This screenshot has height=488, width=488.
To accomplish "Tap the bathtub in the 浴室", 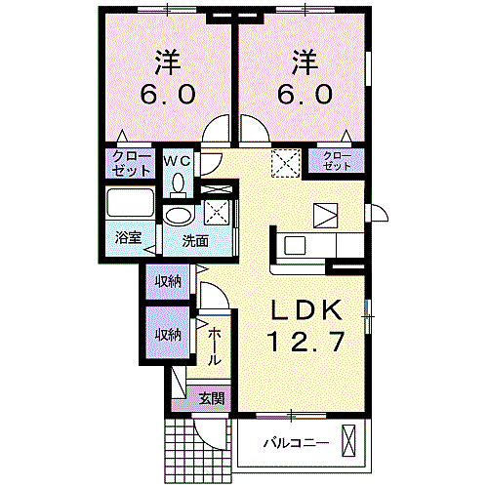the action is pyautogui.click(x=130, y=202).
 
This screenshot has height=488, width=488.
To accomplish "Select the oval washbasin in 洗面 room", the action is pyautogui.click(x=178, y=216).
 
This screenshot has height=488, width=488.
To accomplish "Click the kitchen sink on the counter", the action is pyautogui.click(x=295, y=246).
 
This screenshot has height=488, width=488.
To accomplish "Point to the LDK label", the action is pyautogui.click(x=307, y=310).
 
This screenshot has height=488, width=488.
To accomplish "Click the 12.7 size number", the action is pyautogui.click(x=305, y=342).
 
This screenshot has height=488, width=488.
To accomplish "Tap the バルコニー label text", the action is pyautogui.click(x=296, y=443).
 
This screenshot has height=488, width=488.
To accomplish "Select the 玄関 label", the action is pyautogui.click(x=212, y=398).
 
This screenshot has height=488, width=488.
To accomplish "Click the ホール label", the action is pyautogui.click(x=214, y=346).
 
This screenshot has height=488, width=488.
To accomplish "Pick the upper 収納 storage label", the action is pyautogui.click(x=168, y=281).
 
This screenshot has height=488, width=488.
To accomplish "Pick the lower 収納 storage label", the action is pyautogui.click(x=168, y=335).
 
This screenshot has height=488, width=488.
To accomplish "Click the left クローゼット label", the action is pyautogui.click(x=131, y=164).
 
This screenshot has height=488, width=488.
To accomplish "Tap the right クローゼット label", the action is pyautogui.click(x=337, y=161).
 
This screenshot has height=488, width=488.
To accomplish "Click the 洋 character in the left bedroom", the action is pyautogui.click(x=168, y=61).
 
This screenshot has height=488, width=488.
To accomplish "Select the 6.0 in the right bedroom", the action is pyautogui.click(x=305, y=94).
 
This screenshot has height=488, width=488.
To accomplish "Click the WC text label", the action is pyautogui.click(x=178, y=161).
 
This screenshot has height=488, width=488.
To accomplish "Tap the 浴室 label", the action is pyautogui.click(x=128, y=237).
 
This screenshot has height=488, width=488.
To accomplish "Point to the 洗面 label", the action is pyautogui.click(x=195, y=241).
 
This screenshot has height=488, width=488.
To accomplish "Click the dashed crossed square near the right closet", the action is pyautogui.click(x=286, y=163).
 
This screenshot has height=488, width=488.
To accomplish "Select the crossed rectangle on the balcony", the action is pyautogui.click(x=348, y=440).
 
